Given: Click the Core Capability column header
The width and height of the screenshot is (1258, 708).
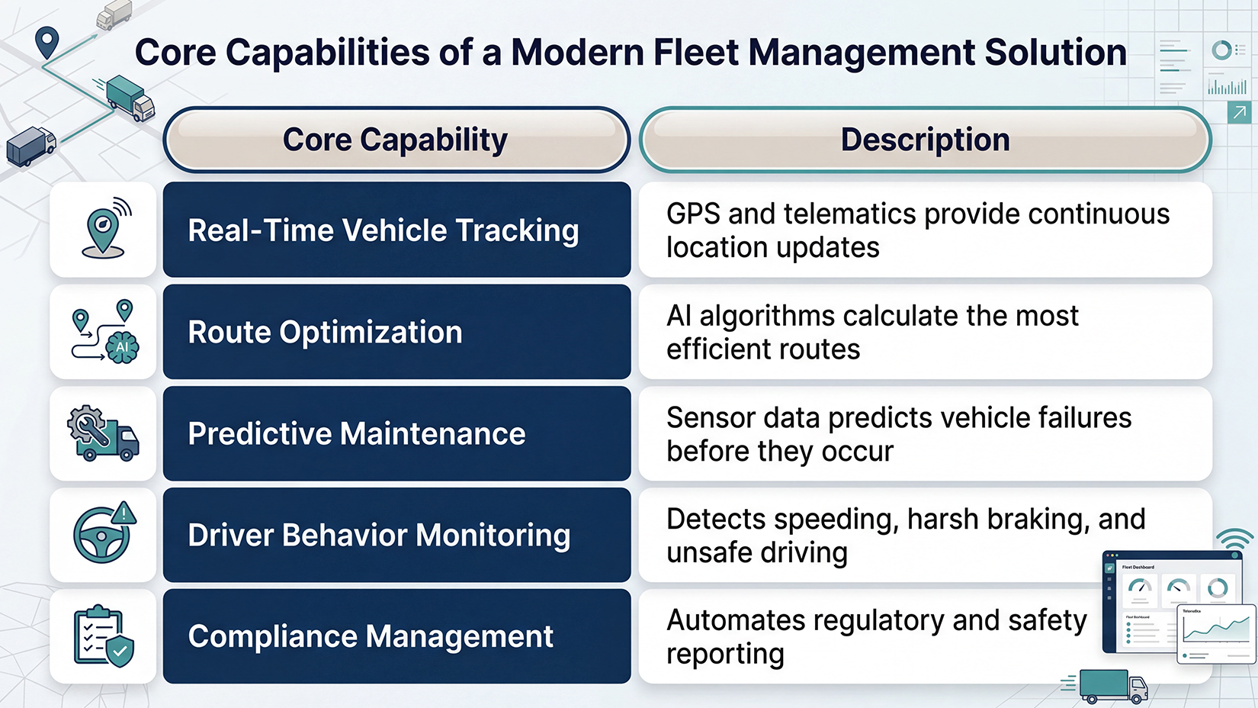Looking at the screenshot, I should pyautogui.click(x=396, y=140).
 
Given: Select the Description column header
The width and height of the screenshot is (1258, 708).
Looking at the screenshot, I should pyautogui.click(x=925, y=140).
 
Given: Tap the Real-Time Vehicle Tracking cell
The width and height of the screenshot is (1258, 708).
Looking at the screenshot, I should pyautogui.click(x=396, y=230).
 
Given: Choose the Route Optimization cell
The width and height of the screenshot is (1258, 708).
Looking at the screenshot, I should pyautogui.click(x=396, y=332).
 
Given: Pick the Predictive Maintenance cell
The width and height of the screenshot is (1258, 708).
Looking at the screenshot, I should pyautogui.click(x=396, y=433).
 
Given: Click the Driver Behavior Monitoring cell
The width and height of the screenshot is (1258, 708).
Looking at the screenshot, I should pyautogui.click(x=396, y=535).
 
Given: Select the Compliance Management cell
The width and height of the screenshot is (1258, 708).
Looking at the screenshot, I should pyautogui.click(x=396, y=636).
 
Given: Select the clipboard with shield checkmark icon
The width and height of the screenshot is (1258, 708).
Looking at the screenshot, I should pyautogui.click(x=103, y=636).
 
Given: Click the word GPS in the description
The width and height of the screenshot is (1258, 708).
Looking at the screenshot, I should pyautogui.click(x=693, y=214).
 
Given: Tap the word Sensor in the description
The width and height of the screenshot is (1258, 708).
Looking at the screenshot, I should pyautogui.click(x=711, y=418).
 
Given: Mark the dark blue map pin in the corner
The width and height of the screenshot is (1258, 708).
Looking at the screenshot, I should pyautogui.click(x=47, y=42).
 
